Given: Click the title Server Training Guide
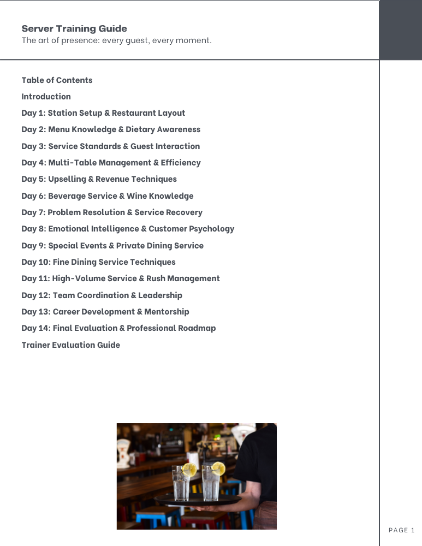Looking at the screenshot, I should (74, 29).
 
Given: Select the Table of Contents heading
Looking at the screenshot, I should (57, 80).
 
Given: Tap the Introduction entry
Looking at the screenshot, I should (46, 97).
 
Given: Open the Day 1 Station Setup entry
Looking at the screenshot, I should (103, 113).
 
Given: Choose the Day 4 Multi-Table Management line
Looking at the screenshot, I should (111, 163).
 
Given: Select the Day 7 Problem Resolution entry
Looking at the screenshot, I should (112, 212).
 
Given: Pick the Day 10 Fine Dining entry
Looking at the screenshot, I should (98, 262).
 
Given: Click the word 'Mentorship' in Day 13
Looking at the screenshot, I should (167, 312).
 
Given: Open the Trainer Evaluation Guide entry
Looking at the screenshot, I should (70, 345).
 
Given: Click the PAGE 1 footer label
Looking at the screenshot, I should (401, 530).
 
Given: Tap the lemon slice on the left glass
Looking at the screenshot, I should (189, 470).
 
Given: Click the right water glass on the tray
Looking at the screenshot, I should (210, 483).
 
